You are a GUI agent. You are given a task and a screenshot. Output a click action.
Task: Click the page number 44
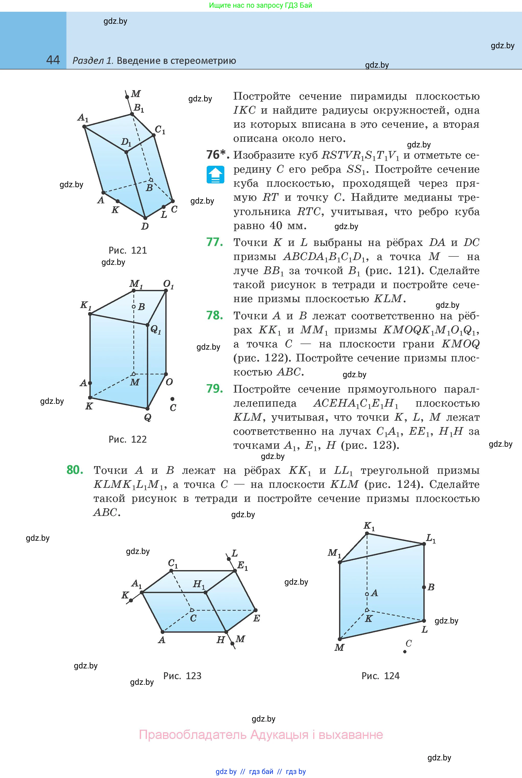point(53,60)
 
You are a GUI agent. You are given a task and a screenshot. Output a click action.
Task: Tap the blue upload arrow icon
point(215,175)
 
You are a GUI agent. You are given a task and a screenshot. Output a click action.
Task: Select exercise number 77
point(215,242)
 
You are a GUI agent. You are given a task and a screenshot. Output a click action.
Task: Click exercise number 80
point(75,470)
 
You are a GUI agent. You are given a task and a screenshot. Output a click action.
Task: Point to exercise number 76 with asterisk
point(217,155)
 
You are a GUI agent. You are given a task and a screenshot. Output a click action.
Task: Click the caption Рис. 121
point(128,250)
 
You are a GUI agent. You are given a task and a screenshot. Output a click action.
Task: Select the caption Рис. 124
point(380,676)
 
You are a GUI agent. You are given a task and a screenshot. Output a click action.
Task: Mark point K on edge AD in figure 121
point(118,201)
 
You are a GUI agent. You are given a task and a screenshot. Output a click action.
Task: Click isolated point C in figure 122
point(172,399)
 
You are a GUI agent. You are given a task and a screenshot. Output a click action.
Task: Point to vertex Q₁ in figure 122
point(147,324)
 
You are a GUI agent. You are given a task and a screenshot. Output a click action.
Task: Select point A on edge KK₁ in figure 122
point(90,383)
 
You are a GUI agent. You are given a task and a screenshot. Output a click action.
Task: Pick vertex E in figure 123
point(256,610)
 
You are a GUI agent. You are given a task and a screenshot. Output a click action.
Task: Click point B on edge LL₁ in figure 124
point(424,587)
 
